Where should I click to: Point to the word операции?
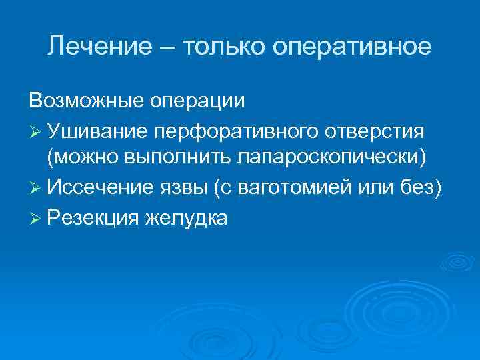pyautogui.click(x=197, y=102)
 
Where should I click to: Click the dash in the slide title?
pyautogui.click(x=161, y=48)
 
